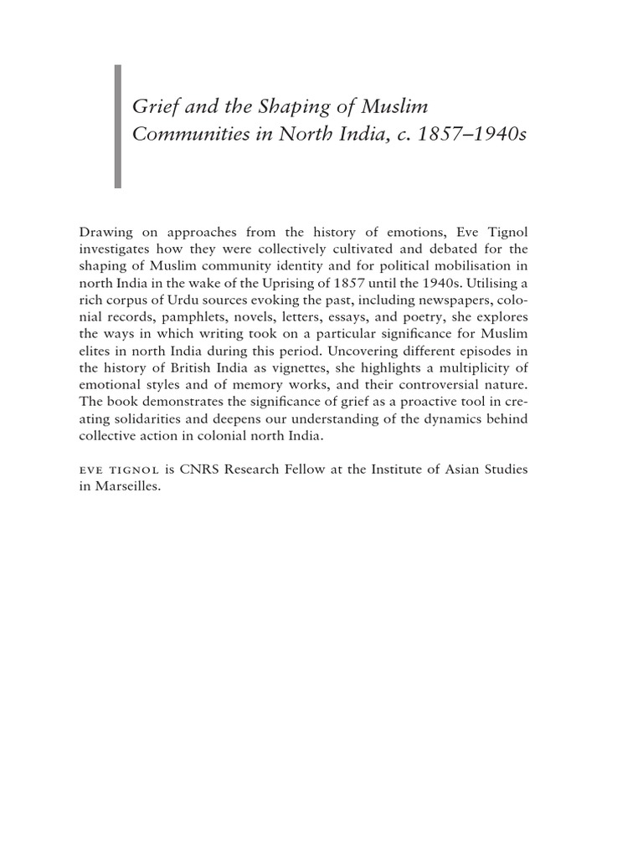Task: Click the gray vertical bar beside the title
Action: point(117,126)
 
